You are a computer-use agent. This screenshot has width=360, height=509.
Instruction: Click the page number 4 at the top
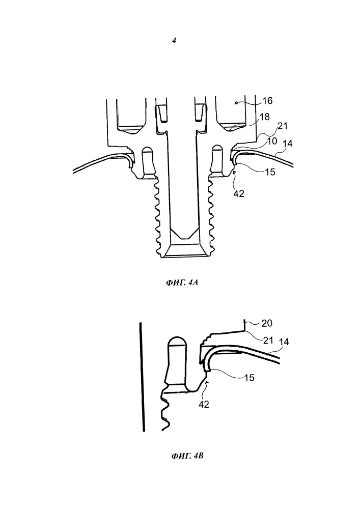174,41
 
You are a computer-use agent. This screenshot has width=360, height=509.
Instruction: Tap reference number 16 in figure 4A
267,101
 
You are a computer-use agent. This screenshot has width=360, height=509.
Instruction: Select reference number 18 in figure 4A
265,117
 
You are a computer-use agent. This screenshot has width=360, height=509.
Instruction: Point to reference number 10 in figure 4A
272,141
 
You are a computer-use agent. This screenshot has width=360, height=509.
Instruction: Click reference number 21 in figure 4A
283,126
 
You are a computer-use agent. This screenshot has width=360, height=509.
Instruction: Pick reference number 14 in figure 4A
288,143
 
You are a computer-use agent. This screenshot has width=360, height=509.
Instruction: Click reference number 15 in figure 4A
270,172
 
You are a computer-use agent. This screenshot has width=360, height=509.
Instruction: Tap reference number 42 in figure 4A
239,194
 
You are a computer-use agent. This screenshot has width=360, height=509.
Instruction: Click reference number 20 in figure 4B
267,323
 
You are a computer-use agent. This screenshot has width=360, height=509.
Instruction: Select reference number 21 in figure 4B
267,340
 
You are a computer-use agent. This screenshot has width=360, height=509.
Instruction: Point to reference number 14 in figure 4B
284,342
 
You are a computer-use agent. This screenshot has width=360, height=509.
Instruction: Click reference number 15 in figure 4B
250,378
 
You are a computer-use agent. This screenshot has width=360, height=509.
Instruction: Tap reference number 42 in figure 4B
204,405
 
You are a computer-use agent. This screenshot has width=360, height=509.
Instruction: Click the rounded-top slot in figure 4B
177,361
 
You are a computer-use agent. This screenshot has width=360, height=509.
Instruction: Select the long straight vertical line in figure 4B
142,377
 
